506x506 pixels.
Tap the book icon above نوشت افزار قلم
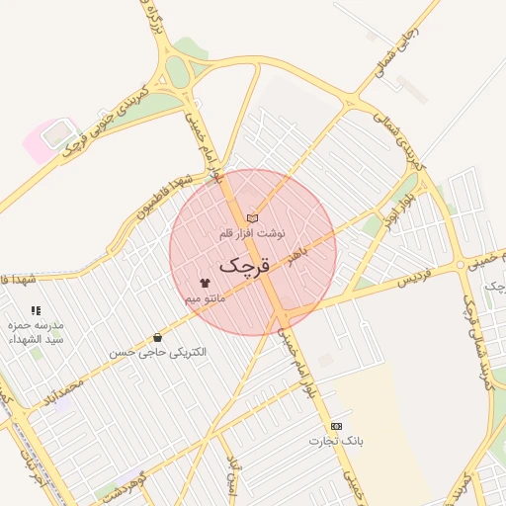pyautogui.click(x=252, y=218)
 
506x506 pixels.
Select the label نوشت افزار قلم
pyautogui.click(x=252, y=233)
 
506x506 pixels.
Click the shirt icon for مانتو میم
pyautogui.click(x=205, y=283)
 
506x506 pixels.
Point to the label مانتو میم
pyautogui.click(x=206, y=296)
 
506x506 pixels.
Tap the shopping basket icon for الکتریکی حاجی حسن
pyautogui.click(x=158, y=338)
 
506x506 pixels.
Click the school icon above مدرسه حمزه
pyautogui.click(x=37, y=310)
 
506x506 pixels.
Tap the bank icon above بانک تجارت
pyautogui.click(x=336, y=425)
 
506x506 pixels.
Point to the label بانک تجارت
pyautogui.click(x=337, y=440)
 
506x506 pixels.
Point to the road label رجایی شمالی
pyautogui.click(x=393, y=55)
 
